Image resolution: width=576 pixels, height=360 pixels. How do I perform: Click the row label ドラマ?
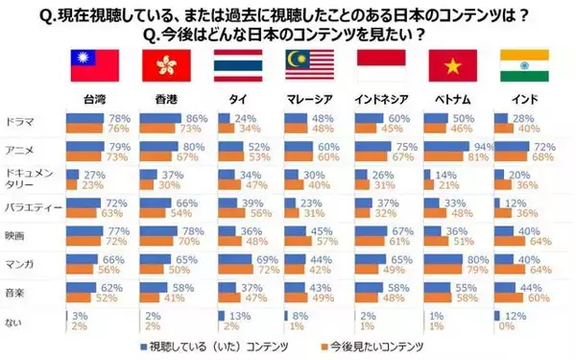coord(21,121)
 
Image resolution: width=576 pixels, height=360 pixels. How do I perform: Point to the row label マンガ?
coord(21,260)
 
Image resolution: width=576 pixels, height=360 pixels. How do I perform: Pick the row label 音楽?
coord(17,288)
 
